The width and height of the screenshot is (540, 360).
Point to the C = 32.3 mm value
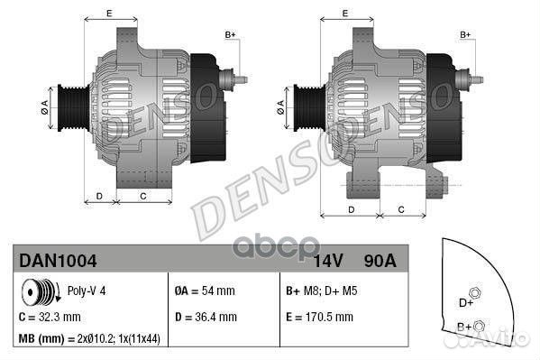(x=50, y=318)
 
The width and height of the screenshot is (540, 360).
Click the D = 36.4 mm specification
(x=204, y=318)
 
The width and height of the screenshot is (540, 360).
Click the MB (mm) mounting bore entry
(x=88, y=339)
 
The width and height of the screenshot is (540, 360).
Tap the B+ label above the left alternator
(x=230, y=34)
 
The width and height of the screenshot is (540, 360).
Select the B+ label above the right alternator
(x=466, y=34)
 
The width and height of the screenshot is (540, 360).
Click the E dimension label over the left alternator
(x=109, y=13)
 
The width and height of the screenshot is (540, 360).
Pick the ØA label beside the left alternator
(x=44, y=106)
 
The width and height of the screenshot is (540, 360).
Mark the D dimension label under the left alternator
(x=99, y=196)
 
